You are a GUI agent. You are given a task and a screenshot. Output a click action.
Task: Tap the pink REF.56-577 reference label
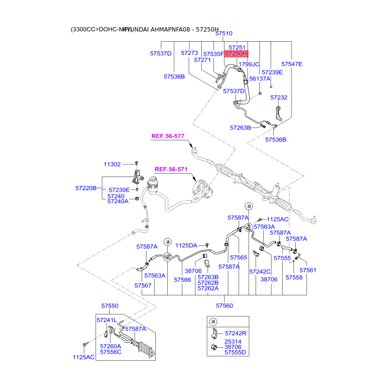click(168, 137)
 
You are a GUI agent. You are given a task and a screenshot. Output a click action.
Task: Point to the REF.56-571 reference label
click(171, 169)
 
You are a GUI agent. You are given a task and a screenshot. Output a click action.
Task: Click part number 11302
click(112, 164)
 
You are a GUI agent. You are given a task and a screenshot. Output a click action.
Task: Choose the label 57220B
click(86, 187)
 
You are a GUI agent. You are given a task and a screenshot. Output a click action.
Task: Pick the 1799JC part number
click(250, 64)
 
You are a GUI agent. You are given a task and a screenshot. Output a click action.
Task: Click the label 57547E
click(291, 64)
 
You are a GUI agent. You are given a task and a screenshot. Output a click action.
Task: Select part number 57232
click(279, 97)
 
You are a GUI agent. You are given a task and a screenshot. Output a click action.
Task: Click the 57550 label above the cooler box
click(110, 307)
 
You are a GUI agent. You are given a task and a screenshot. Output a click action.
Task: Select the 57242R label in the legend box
click(235, 333)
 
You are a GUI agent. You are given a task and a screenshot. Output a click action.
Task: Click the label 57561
click(307, 270)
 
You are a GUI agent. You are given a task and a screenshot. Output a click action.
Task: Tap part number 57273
click(190, 53)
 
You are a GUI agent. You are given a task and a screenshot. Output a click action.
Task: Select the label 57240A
click(118, 201)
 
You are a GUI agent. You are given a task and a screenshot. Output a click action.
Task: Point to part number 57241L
click(107, 320)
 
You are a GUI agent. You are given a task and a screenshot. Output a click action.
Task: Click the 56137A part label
click(259, 79)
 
